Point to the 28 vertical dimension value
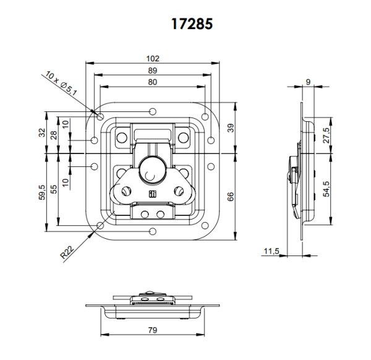[54, 135]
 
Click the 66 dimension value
[230, 197]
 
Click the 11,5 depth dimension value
[270, 251]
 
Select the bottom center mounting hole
[152, 232]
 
